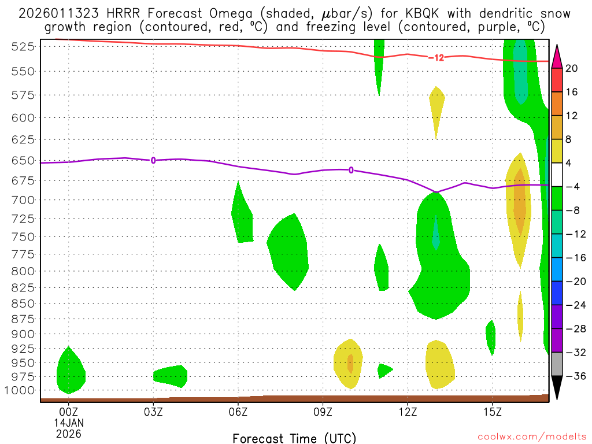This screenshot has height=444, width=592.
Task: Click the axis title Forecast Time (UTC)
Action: click(x=294, y=438)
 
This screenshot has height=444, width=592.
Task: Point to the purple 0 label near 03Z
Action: click(x=153, y=160)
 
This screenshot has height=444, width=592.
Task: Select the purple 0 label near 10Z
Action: click(x=351, y=170)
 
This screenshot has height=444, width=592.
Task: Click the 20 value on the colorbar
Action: click(x=572, y=68)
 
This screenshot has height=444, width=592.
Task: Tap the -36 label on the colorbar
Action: click(x=572, y=376)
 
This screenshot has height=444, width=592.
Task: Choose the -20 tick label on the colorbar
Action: click(x=572, y=282)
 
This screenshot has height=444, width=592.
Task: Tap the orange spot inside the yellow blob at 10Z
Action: click(x=350, y=363)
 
